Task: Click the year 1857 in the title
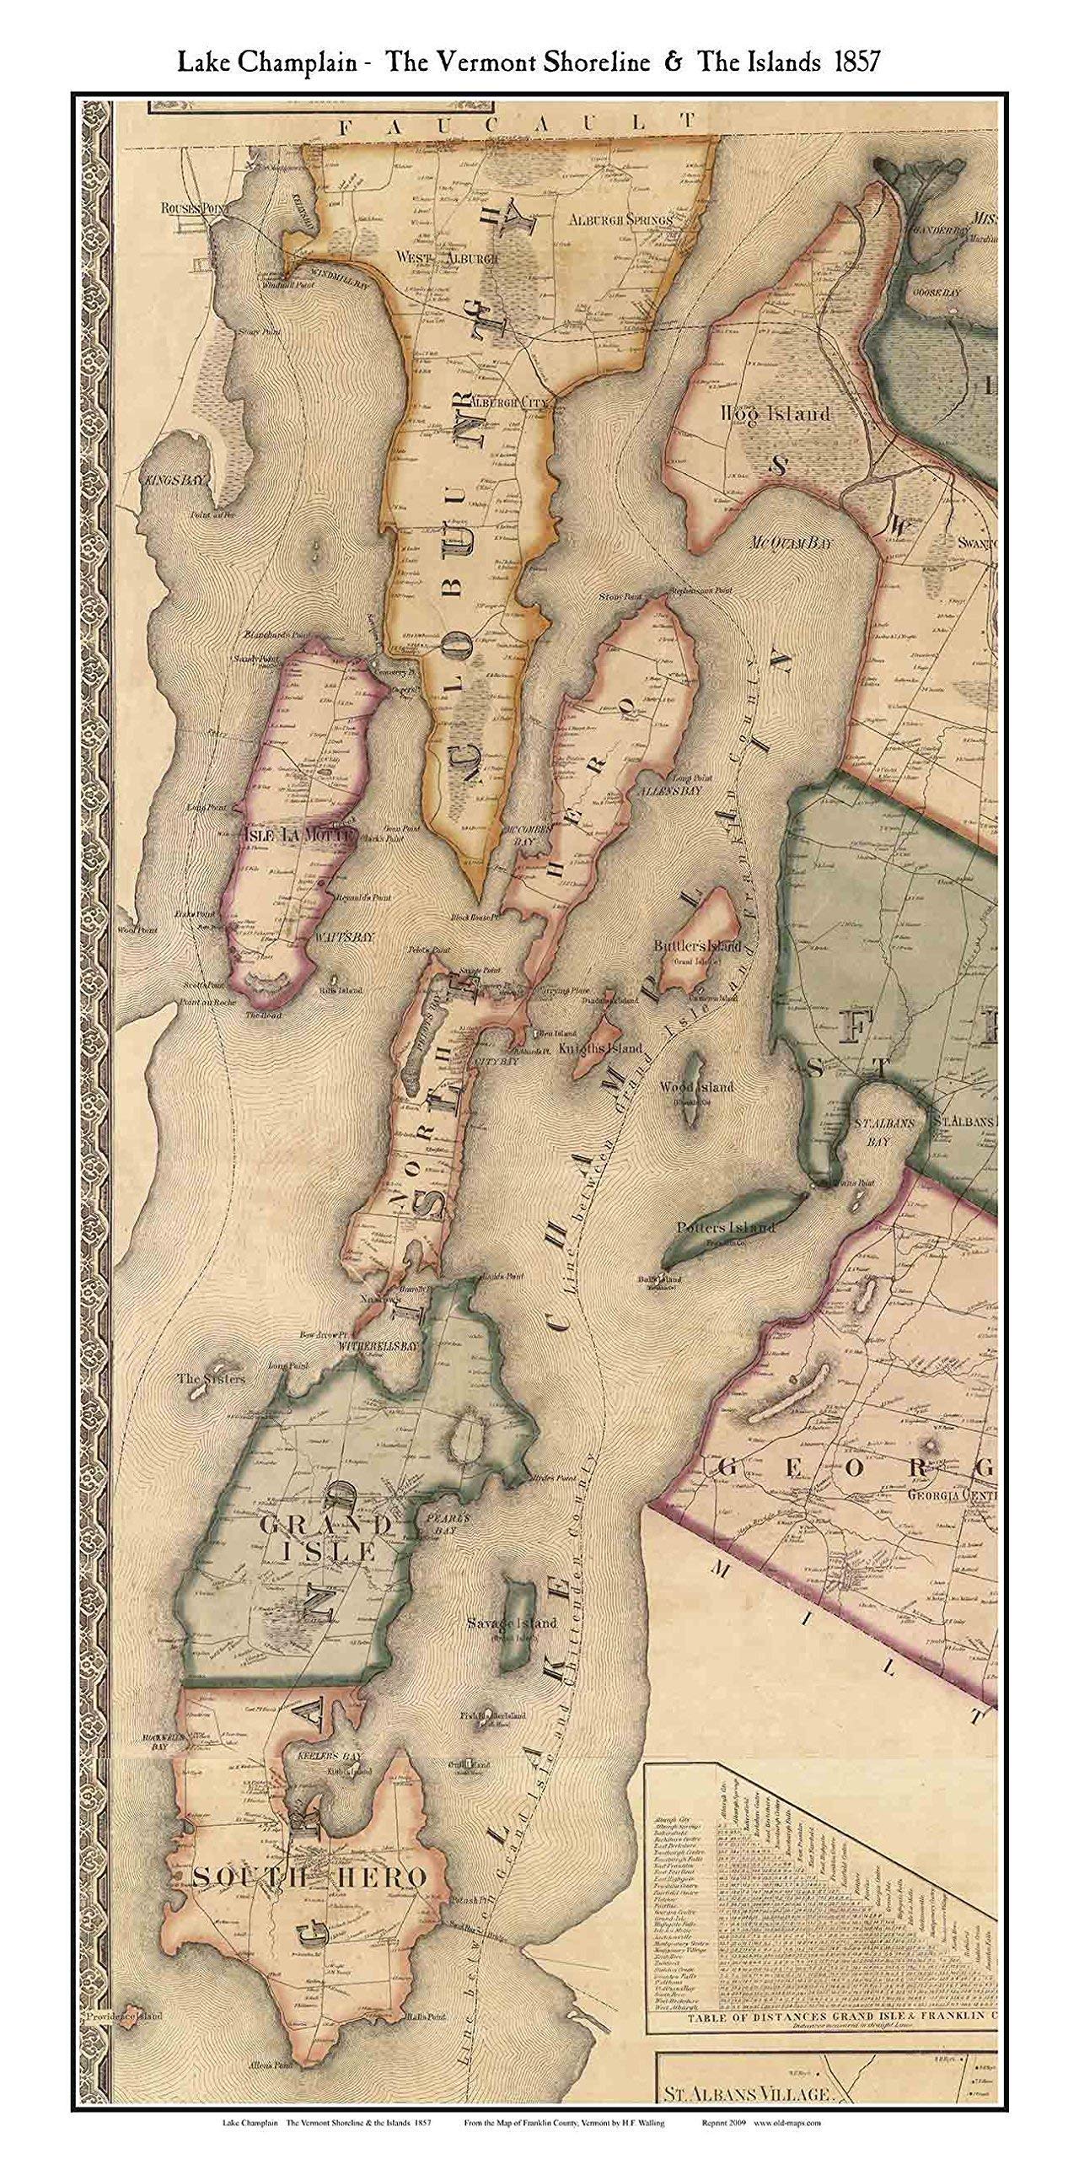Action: pos(854,62)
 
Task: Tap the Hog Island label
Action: pos(776,414)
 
